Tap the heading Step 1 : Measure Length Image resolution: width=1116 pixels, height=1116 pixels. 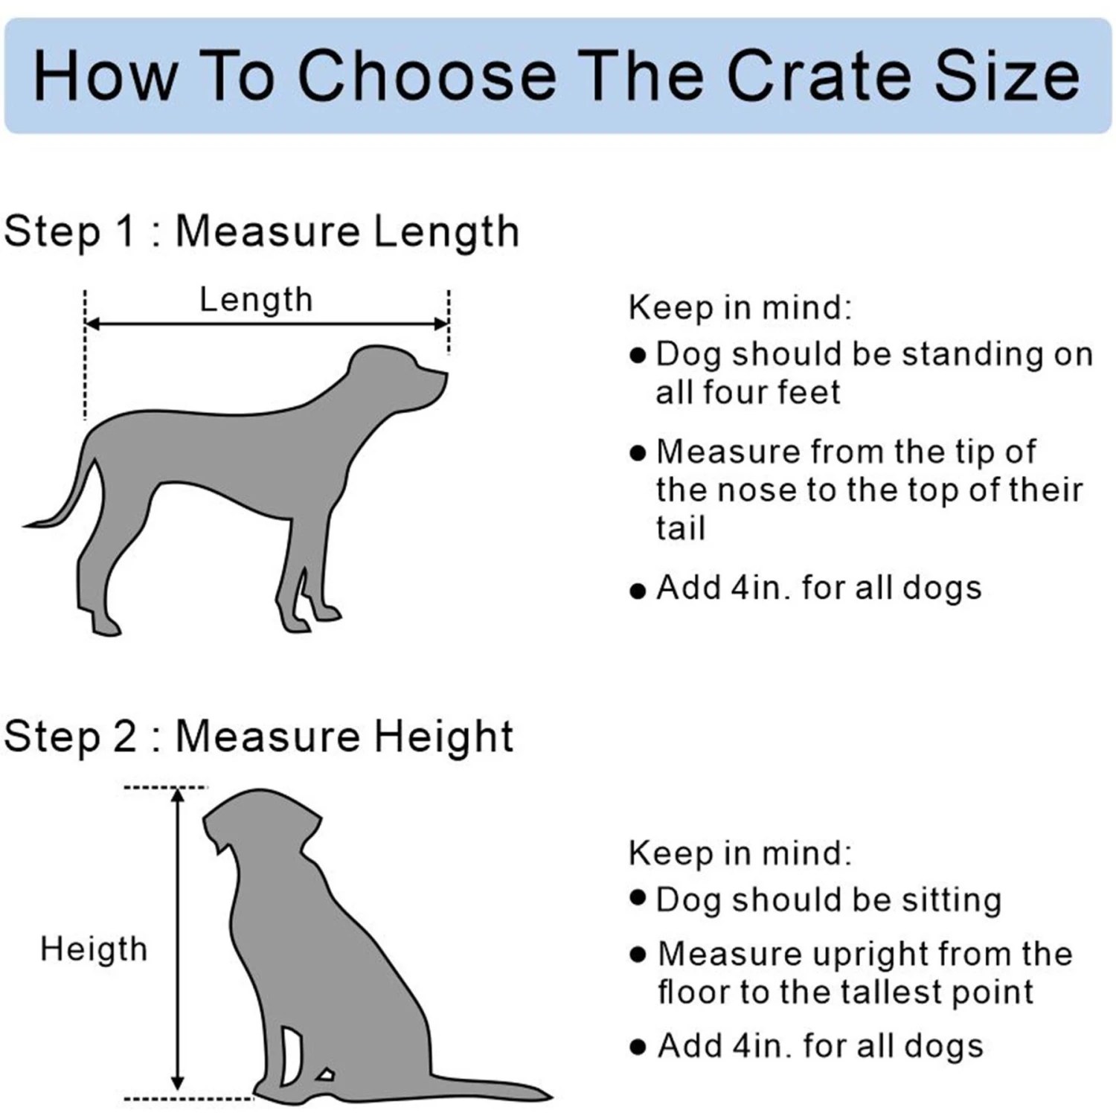(x=261, y=231)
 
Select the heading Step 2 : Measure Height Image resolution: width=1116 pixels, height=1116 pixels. (x=258, y=737)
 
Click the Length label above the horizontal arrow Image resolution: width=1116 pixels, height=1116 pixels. (x=256, y=300)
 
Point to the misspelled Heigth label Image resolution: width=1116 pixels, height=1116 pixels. (x=94, y=949)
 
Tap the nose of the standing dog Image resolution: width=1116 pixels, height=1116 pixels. (x=444, y=374)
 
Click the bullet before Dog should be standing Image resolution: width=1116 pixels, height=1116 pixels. (x=638, y=356)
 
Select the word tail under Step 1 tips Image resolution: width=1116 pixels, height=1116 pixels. (x=680, y=529)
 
